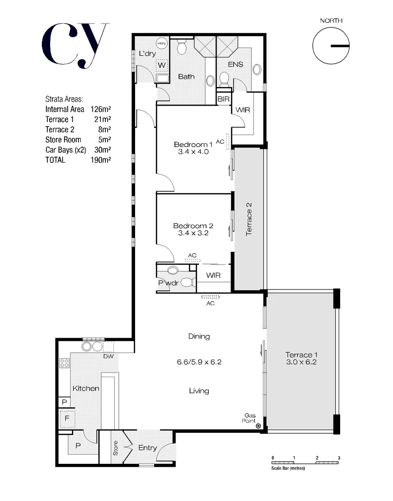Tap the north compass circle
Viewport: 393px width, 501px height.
pos(330,46)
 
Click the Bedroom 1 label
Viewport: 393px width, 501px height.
pos(193,144)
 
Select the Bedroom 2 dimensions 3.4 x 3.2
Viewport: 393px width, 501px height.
pos(193,233)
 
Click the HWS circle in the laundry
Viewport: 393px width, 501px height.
pos(161,43)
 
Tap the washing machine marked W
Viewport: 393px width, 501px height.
pos(161,65)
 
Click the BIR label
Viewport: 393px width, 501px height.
pos(224,99)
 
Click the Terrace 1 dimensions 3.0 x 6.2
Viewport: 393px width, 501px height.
pos(301,362)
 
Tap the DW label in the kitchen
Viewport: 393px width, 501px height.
pos(108,356)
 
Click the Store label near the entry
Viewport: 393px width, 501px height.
pos(116,448)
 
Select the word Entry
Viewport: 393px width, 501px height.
pos(148,448)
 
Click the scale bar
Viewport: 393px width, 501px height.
pos(306,462)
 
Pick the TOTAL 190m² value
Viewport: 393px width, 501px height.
pos(101,160)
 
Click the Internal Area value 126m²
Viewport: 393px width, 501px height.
pos(101,109)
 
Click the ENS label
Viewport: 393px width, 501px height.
pos(236,64)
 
